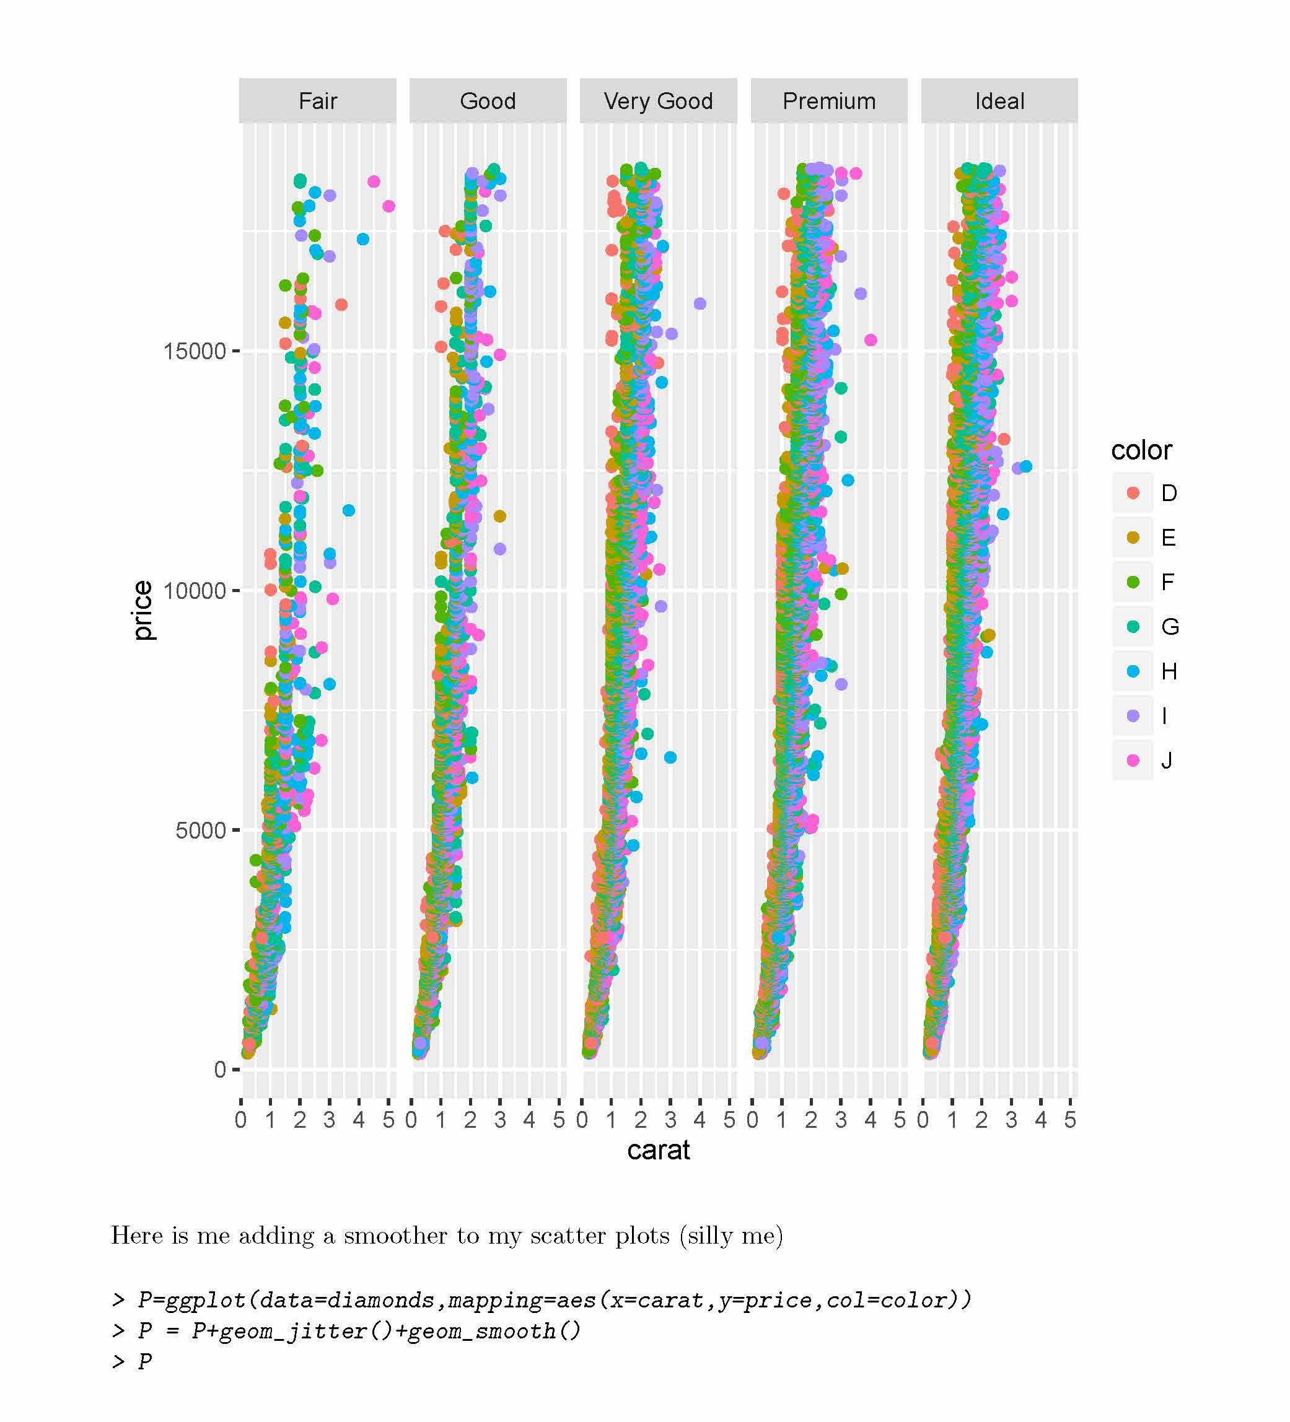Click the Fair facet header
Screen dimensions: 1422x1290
(x=318, y=101)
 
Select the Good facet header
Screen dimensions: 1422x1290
(x=488, y=101)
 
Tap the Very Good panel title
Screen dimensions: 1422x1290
(x=659, y=101)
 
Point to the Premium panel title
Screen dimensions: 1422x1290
(x=829, y=101)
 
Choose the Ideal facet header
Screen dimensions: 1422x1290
(x=999, y=101)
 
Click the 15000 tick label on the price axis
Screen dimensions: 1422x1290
(x=194, y=351)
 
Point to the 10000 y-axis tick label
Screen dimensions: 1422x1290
(x=194, y=590)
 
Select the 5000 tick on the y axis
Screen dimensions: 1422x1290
(x=200, y=830)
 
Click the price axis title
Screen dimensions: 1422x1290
(x=143, y=610)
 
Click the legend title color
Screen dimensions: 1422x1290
(x=1141, y=450)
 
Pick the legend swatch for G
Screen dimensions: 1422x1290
(x=1133, y=626)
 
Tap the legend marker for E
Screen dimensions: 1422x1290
(x=1133, y=538)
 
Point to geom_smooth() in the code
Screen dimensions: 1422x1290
(x=494, y=1331)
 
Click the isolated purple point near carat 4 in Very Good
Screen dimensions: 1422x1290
(x=700, y=304)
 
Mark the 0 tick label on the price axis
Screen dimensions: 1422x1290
(x=219, y=1070)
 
